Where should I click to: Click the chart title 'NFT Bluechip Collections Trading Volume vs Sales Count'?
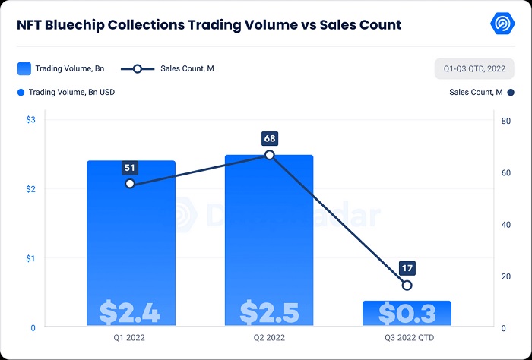point(209,25)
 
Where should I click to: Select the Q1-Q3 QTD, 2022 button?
point(474,69)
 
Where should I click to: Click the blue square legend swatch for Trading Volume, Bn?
point(24,68)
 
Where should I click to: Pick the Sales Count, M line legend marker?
point(138,68)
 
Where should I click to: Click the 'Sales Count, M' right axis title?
point(476,93)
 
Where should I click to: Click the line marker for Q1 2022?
point(130,184)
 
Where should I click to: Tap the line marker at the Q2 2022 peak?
point(269,155)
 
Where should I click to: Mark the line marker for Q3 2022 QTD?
point(407,286)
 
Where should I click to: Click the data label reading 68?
point(269,138)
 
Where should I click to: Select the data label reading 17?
point(407,268)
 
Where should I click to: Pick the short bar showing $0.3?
point(407,313)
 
